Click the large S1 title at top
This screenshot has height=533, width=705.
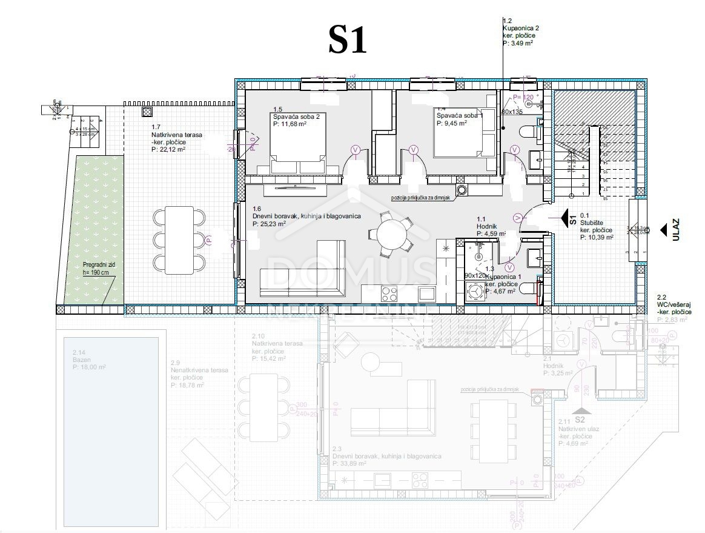(x=348, y=40)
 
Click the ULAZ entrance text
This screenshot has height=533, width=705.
(x=676, y=230)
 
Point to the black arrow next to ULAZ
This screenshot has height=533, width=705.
(x=664, y=230)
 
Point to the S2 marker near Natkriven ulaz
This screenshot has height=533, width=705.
(x=580, y=419)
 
